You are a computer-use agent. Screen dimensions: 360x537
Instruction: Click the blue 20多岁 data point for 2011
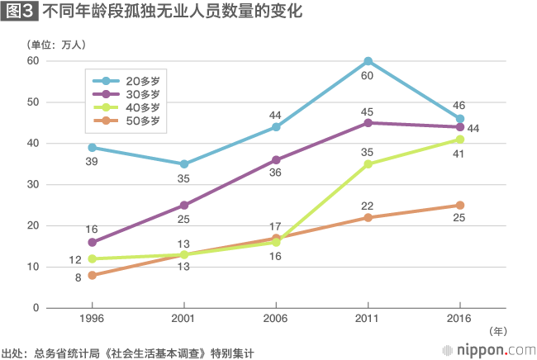click(x=368, y=61)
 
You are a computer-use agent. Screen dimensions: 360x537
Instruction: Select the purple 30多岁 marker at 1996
click(x=92, y=243)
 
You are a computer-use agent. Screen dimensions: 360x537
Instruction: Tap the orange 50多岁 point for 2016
click(x=459, y=206)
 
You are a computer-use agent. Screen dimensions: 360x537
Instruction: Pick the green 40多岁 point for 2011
click(x=368, y=164)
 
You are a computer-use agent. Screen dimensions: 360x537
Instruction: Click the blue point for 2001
click(x=183, y=164)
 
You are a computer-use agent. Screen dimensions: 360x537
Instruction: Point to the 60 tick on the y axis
click(x=33, y=61)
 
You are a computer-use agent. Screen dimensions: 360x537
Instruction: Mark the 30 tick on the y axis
click(x=33, y=184)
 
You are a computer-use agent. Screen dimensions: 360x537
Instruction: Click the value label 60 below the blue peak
click(x=368, y=76)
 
